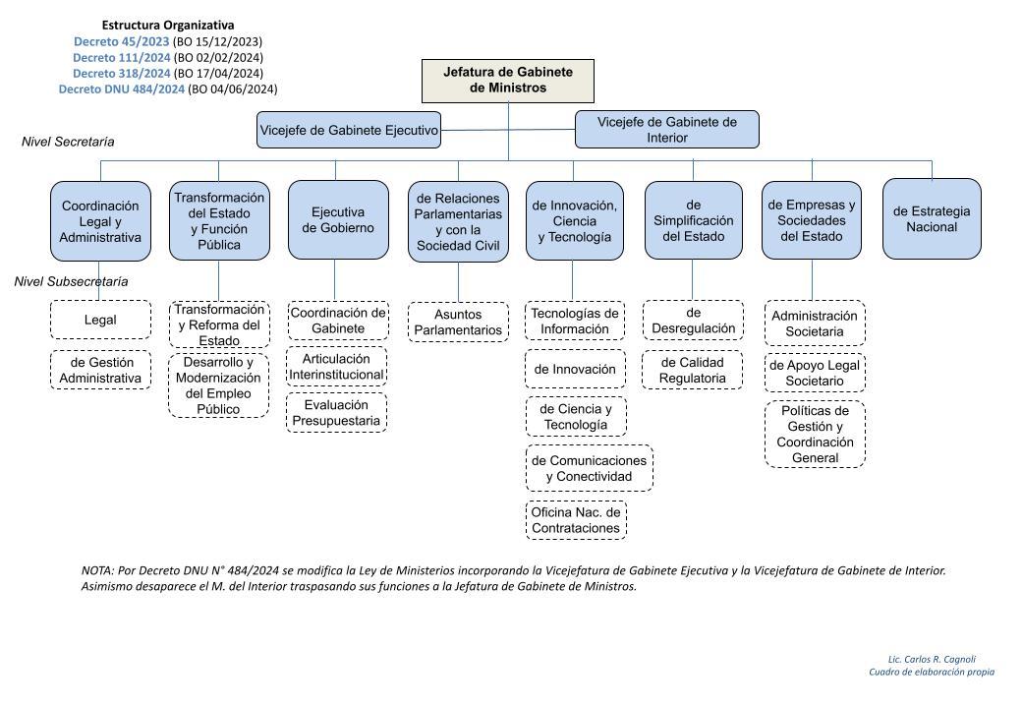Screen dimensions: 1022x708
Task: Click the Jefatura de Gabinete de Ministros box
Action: click(x=508, y=81)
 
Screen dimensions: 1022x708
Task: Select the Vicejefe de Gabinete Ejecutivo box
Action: click(x=349, y=130)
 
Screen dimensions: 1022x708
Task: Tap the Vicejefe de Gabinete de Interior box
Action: click(x=667, y=129)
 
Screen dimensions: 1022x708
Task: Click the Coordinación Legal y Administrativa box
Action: click(x=100, y=221)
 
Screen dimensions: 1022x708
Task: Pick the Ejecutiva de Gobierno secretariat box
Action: click(x=338, y=219)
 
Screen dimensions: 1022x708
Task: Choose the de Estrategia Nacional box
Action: click(x=932, y=219)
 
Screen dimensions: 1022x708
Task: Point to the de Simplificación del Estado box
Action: click(x=694, y=220)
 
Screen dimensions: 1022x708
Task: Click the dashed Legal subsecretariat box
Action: click(x=100, y=320)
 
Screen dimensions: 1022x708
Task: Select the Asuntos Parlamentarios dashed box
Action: click(x=458, y=323)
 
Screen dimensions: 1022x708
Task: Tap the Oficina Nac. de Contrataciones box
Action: click(x=576, y=520)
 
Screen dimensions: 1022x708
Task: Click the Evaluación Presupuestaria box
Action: click(x=336, y=413)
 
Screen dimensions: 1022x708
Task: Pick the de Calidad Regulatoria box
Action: click(x=692, y=371)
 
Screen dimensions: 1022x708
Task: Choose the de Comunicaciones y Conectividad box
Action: click(x=590, y=468)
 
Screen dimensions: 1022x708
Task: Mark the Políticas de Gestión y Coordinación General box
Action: click(x=815, y=435)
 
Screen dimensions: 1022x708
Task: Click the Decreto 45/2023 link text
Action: click(x=121, y=41)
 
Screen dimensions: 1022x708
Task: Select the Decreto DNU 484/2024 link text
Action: click(x=122, y=88)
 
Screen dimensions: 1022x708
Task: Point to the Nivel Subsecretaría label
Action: click(x=71, y=281)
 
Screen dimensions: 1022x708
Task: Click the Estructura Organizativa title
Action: click(x=168, y=26)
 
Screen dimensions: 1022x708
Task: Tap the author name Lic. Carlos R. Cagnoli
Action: click(x=932, y=659)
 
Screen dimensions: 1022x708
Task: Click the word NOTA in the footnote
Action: click(x=97, y=570)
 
